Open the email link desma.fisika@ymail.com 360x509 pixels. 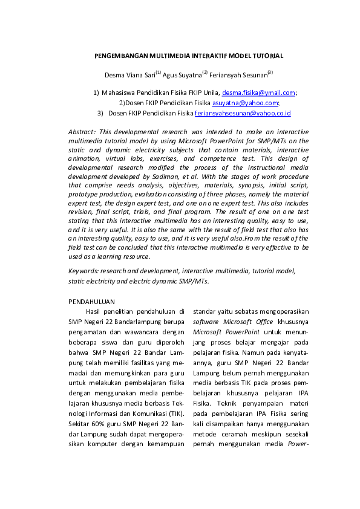[x=258, y=93]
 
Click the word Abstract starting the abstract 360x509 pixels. [x=81, y=131]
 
